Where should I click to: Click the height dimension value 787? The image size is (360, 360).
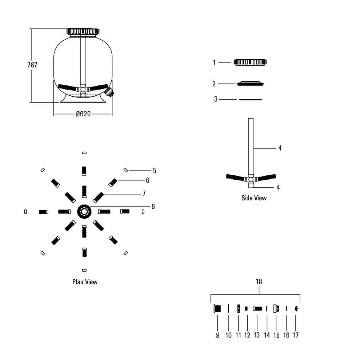click(32, 65)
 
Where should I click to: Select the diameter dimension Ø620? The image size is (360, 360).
click(83, 114)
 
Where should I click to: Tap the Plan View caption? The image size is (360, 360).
click(85, 282)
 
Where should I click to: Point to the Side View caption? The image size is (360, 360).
click(254, 198)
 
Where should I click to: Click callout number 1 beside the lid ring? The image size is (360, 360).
click(214, 63)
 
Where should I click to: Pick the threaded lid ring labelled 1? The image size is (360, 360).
click(250, 62)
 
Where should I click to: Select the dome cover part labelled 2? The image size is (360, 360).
click(250, 84)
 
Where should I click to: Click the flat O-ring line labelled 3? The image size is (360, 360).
click(250, 100)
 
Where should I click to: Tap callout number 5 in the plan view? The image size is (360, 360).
click(155, 171)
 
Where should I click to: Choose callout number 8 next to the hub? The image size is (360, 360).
click(153, 207)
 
